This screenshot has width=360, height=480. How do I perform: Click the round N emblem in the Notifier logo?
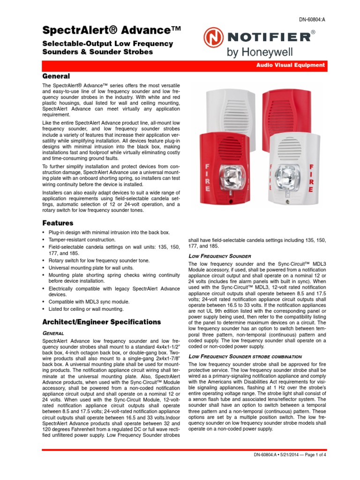(x=213, y=37)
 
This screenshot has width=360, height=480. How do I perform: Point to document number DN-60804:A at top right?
(x=312, y=19)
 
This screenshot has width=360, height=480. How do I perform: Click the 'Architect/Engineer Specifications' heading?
(x=102, y=322)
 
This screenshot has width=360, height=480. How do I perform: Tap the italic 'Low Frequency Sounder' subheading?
(x=219, y=256)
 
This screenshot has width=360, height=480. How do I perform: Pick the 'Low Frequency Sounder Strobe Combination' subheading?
(x=245, y=357)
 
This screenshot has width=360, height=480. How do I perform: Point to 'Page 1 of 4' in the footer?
(x=313, y=455)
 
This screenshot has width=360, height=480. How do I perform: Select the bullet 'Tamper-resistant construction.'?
(x=82, y=240)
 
